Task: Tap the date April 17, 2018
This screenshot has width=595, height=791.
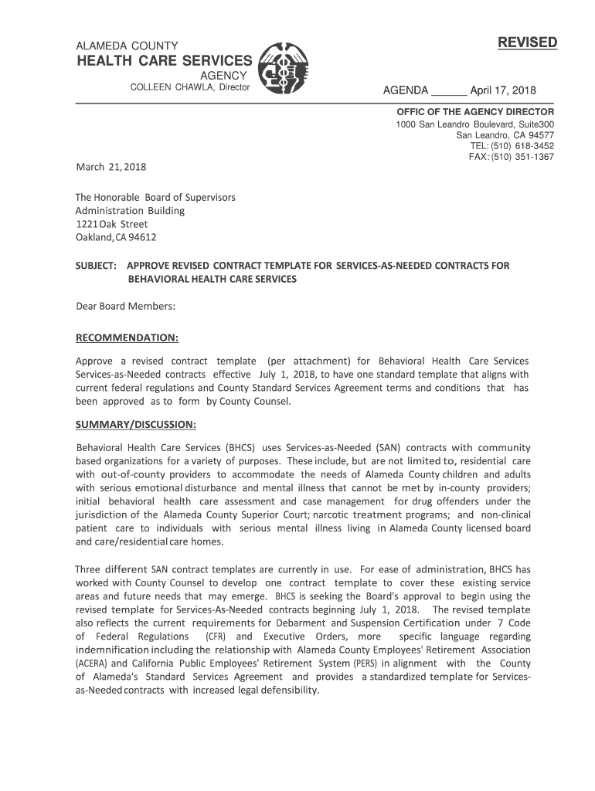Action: point(503,90)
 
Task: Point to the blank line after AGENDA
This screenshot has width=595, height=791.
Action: point(448,93)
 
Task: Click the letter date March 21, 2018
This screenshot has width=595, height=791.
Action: point(111,167)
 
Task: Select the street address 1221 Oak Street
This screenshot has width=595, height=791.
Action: point(111,224)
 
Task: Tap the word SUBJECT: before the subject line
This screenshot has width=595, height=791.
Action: point(96,266)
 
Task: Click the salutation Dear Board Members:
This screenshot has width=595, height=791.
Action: point(125,307)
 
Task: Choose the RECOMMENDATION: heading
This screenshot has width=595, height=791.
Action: point(127,338)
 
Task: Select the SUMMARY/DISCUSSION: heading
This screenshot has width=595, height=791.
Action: point(135,425)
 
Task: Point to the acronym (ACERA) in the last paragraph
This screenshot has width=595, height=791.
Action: point(93,664)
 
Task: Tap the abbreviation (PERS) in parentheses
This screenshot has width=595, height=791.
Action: point(365,664)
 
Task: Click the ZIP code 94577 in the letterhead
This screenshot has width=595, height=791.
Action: point(541,135)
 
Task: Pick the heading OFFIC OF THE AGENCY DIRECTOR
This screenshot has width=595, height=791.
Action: point(475,112)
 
